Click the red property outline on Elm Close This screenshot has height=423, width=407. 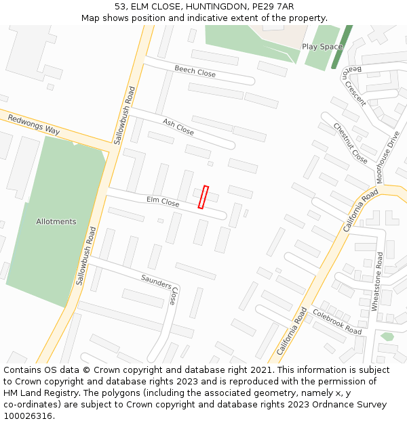203,197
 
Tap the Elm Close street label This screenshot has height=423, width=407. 163,202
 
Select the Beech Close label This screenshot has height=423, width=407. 195,71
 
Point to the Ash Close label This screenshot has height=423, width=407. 178,126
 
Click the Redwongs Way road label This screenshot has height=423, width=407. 34,125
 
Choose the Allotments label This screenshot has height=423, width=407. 56,221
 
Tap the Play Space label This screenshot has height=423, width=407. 322,47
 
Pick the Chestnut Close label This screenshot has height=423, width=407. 350,143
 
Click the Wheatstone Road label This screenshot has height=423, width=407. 379,281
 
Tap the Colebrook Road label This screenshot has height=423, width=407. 337,321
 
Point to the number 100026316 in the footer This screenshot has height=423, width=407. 28,416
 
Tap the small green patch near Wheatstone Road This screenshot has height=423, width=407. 387,336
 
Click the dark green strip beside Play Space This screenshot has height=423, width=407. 342,47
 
